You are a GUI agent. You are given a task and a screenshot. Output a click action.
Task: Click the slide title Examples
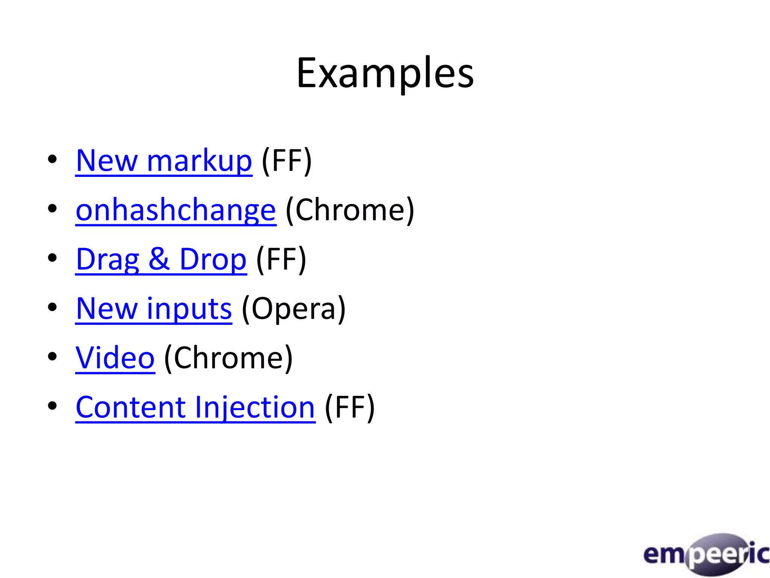(x=385, y=73)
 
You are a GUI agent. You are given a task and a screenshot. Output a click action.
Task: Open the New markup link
(x=164, y=161)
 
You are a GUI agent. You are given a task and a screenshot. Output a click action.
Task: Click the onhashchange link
(x=176, y=210)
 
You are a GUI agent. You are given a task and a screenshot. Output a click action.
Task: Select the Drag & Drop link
(x=161, y=260)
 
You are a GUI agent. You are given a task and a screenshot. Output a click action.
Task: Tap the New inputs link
(x=154, y=309)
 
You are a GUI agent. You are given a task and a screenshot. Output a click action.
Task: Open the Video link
(x=115, y=358)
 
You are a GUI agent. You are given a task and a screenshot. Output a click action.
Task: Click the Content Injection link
(x=195, y=408)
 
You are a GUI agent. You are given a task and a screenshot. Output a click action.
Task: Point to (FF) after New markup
(x=287, y=161)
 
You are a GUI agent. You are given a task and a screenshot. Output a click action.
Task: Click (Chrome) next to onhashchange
(x=350, y=210)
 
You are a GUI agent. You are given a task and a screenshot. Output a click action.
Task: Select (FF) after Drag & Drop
(x=281, y=260)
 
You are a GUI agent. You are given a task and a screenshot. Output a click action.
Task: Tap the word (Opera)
(x=294, y=309)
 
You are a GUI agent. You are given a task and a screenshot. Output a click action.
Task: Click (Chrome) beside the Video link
(x=229, y=358)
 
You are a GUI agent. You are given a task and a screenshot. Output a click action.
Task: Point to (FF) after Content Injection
(x=350, y=408)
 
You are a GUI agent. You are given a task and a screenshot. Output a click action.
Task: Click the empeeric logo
(x=706, y=554)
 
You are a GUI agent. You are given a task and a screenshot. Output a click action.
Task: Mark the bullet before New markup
(x=52, y=159)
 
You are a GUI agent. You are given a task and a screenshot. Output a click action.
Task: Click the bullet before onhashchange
(x=52, y=208)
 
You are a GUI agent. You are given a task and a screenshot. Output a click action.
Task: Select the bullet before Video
(x=52, y=356)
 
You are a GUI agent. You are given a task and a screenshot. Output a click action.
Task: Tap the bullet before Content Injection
(x=52, y=406)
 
